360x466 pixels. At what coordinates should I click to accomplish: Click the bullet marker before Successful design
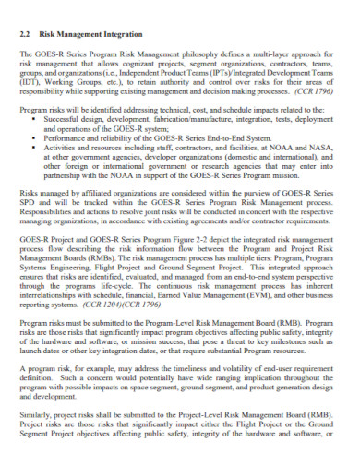35,120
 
